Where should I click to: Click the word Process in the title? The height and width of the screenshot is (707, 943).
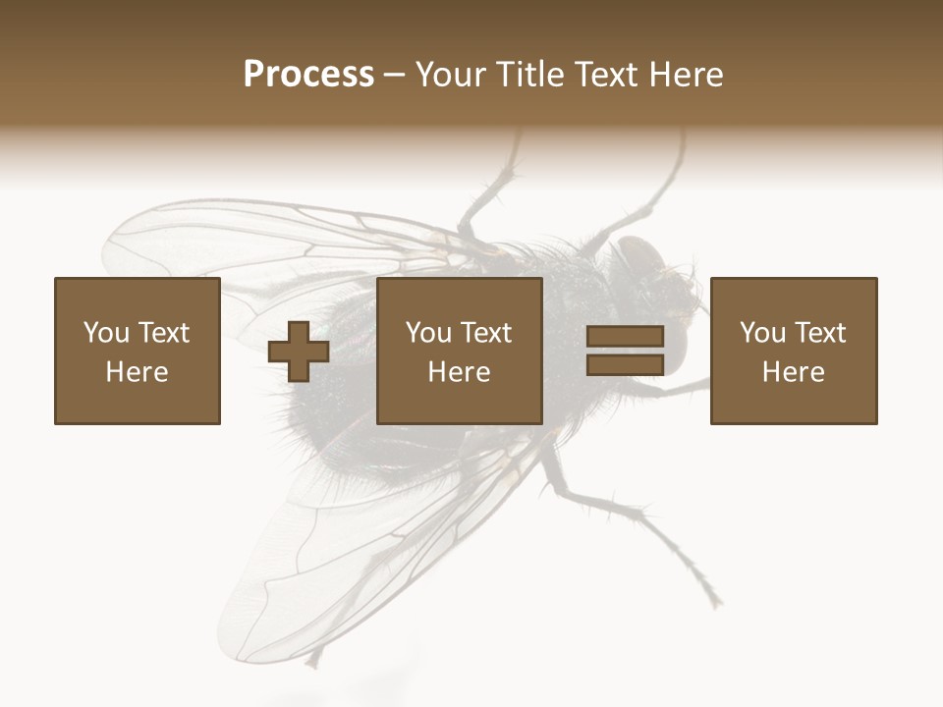[x=308, y=75]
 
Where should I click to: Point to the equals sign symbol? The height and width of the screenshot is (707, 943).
[x=625, y=351]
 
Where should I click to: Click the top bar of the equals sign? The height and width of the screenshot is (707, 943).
[x=625, y=337]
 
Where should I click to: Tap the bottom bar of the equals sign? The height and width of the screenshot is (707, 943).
[x=625, y=364]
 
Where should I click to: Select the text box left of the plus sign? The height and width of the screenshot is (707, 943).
[x=138, y=351]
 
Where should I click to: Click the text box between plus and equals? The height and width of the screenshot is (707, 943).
[x=460, y=351]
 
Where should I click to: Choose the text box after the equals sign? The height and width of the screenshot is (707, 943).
[x=794, y=351]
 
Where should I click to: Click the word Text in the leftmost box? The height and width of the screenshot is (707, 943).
[x=163, y=333]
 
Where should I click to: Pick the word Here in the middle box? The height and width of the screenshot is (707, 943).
[x=460, y=372]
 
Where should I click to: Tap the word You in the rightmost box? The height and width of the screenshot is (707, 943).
[x=763, y=333]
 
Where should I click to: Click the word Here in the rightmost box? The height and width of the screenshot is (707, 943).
[x=794, y=372]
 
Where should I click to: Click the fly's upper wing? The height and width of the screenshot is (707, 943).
[x=246, y=245]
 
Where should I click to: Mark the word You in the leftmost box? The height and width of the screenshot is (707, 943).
[x=107, y=333]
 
